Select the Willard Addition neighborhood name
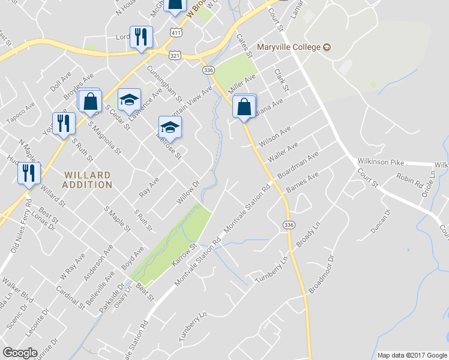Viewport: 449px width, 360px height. pyautogui.click(x=88, y=180)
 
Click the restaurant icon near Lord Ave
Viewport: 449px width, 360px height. pyautogui.click(x=141, y=38)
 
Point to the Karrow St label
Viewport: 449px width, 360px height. pyautogui.click(x=185, y=254)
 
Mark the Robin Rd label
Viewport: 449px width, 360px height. pyautogui.click(x=410, y=179)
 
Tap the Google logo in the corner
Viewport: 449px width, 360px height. pyautogui.click(x=20, y=353)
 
